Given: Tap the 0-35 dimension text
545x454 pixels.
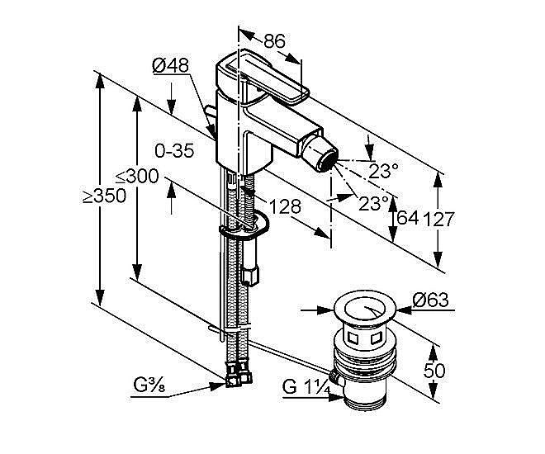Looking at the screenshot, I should click(174, 151).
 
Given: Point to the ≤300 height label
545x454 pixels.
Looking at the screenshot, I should click(136, 176).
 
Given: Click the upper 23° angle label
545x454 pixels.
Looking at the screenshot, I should click(383, 170).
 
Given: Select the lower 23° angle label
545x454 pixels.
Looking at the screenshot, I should click(373, 202).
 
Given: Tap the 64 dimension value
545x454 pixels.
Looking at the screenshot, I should click(407, 219).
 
